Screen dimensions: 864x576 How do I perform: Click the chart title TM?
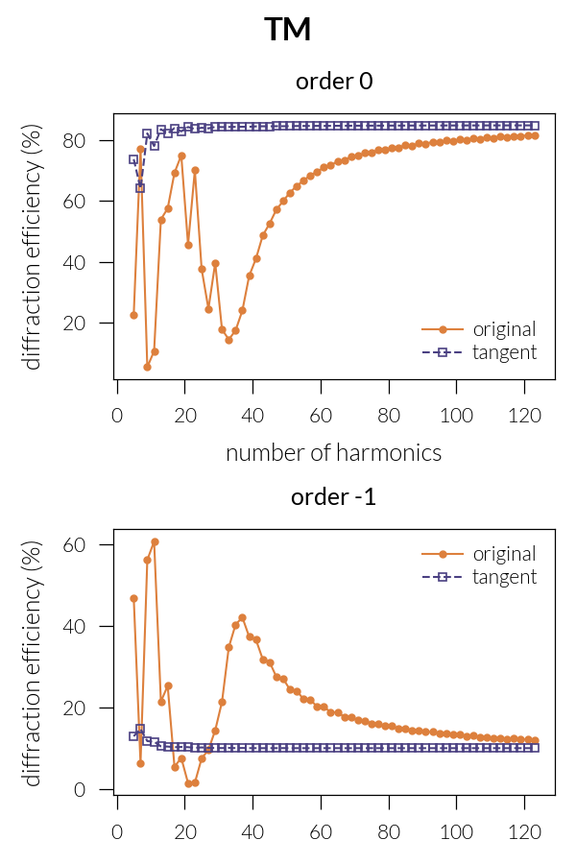coord(288,30)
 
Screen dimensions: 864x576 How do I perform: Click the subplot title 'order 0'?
coord(333,82)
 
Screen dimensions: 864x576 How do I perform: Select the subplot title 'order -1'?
coord(333,497)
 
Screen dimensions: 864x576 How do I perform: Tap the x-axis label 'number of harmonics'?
coord(333,452)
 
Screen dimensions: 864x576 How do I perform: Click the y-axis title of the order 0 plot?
coord(34,251)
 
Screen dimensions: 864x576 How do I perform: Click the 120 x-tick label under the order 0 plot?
coord(524,416)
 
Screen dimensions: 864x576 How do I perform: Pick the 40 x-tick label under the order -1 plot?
coord(252,831)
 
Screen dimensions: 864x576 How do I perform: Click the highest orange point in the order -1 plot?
coord(155,541)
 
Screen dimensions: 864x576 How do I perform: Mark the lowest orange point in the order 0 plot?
coord(147,367)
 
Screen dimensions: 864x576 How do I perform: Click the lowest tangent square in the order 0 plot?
coord(140,188)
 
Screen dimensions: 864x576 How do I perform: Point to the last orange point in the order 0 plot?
coord(535,135)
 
